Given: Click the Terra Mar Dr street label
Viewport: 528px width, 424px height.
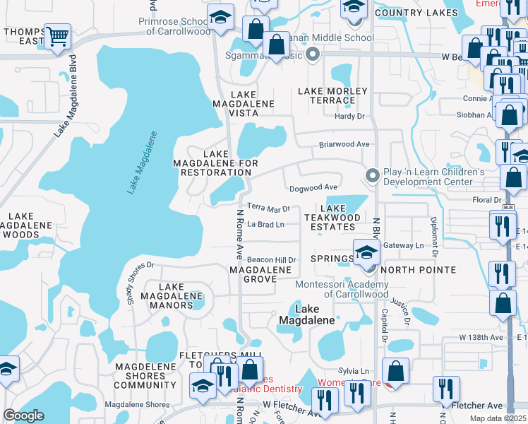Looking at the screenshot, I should tap(269, 209).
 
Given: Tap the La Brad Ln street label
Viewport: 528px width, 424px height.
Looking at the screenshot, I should tap(265, 225).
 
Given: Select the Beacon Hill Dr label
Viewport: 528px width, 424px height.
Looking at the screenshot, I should tap(271, 261).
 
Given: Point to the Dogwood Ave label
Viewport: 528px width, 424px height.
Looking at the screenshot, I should tap(313, 188).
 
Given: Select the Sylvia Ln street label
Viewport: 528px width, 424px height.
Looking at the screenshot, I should tap(354, 371).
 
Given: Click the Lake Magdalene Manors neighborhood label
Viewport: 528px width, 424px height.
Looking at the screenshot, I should tap(167, 295).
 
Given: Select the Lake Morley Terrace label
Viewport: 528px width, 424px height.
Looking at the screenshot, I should tap(332, 95).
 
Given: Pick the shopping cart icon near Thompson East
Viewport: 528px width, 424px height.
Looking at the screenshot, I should tap(57, 36).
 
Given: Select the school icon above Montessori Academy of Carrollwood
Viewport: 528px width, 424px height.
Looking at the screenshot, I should tap(366, 252).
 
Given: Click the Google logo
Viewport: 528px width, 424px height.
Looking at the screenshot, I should tap(24, 416).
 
